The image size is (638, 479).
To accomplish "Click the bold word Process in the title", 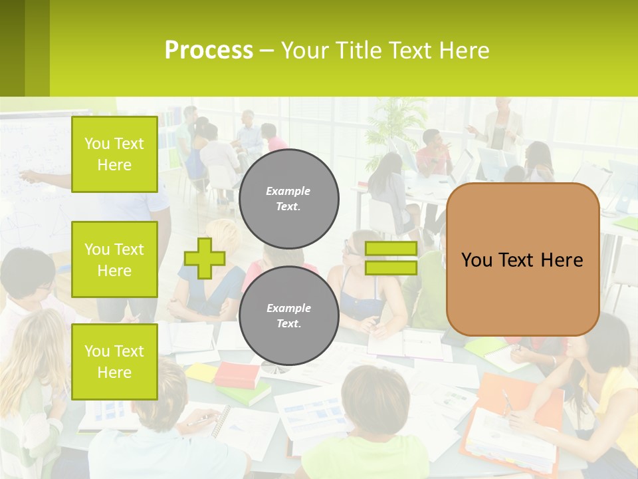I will pyautogui.click(x=209, y=50).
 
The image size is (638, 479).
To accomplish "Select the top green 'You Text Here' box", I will pyautogui.click(x=114, y=154).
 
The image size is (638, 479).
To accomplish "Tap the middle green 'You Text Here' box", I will pyautogui.click(x=114, y=259).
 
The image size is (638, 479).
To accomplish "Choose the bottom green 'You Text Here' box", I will pyautogui.click(x=114, y=361).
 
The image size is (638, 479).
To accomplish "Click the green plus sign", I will pyautogui.click(x=204, y=257).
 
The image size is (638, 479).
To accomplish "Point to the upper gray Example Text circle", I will pyautogui.click(x=288, y=198).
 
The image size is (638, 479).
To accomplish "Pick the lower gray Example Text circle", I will pyautogui.click(x=288, y=315).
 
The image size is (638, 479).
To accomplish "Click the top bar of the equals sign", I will pyautogui.click(x=391, y=249).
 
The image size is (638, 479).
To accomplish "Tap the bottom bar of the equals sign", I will pyautogui.click(x=391, y=267).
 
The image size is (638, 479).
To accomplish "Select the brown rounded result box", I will pyautogui.click(x=522, y=259).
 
